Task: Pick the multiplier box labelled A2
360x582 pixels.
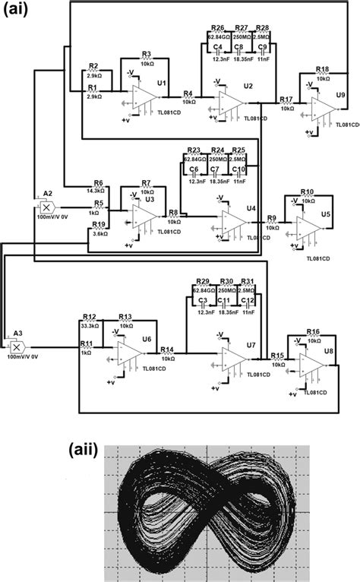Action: tap(46, 207)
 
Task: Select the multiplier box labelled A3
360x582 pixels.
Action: tap(15, 345)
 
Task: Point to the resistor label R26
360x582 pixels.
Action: tap(216, 27)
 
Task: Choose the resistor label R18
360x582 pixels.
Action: tap(323, 68)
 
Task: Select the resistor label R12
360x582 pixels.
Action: tap(89, 316)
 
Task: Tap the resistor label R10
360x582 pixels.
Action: tap(307, 192)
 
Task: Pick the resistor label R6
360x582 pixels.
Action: tap(98, 183)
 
